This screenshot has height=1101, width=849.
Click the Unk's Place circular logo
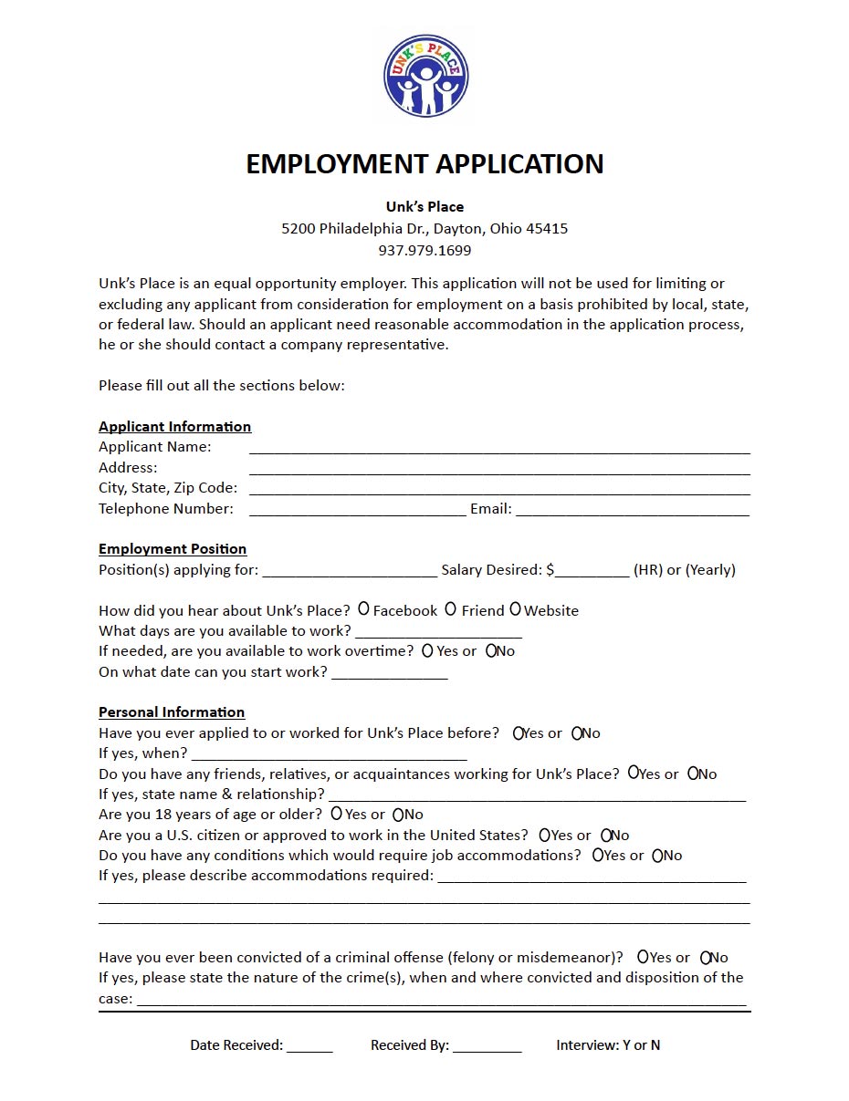point(425,76)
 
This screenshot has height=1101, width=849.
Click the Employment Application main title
point(424,164)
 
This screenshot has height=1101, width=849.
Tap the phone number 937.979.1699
point(424,250)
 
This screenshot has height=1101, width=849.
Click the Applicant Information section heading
point(174,427)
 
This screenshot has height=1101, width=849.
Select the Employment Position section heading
point(173,549)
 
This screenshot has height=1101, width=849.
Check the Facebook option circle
point(363,608)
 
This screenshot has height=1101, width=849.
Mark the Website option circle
point(516,608)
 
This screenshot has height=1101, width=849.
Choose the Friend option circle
point(450,608)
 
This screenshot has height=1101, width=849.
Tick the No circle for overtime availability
point(491,651)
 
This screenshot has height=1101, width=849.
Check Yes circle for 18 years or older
point(337,813)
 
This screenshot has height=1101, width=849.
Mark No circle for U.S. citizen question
point(606,835)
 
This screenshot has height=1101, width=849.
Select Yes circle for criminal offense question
point(643,957)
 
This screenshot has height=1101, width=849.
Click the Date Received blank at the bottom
point(309,1046)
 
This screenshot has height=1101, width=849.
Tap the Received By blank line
point(487,1046)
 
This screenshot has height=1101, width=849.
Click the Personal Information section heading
point(172,712)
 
